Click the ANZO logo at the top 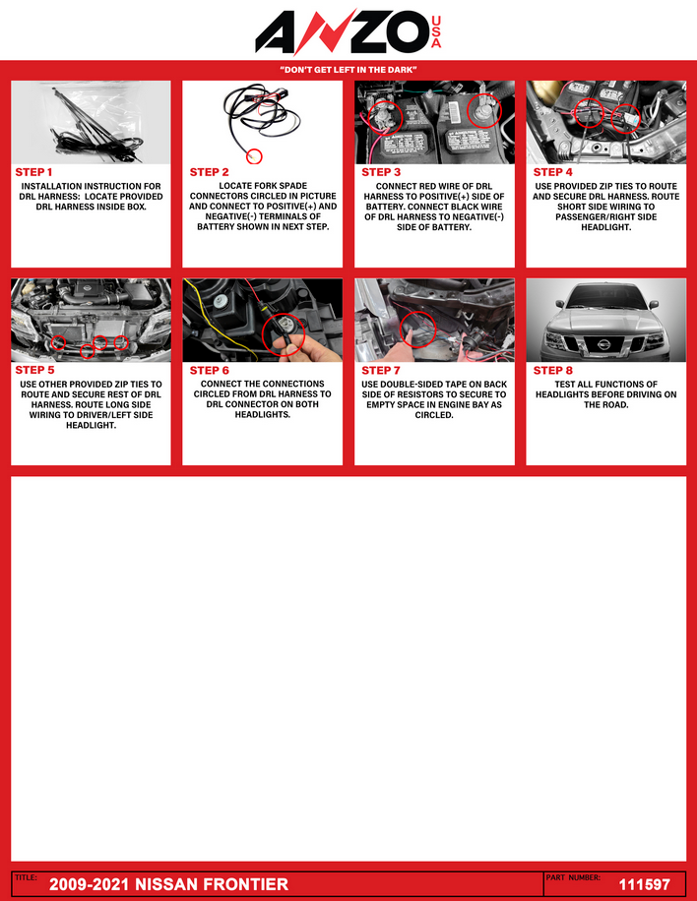348,31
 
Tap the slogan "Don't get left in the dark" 348,70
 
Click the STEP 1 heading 33,172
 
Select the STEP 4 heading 552,172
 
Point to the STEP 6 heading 210,370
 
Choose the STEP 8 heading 552,370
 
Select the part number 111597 645,884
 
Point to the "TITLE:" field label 26,877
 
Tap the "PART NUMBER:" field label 573,877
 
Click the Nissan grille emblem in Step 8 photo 603,345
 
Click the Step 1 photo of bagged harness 91,122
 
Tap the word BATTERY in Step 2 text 214,227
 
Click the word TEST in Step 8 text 565,385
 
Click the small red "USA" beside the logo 436,32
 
